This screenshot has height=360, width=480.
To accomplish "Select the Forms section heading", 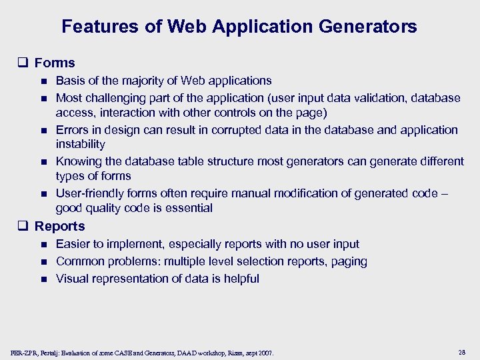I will (x=55, y=63).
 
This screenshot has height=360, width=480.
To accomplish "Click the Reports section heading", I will (x=59, y=226).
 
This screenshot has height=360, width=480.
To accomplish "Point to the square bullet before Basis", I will (x=43, y=81).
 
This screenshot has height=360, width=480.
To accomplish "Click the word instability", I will (x=81, y=144).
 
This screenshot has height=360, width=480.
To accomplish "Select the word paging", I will (x=350, y=261).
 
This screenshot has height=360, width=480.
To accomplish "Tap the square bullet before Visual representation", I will (x=43, y=279).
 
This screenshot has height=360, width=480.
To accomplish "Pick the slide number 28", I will (x=463, y=351).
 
